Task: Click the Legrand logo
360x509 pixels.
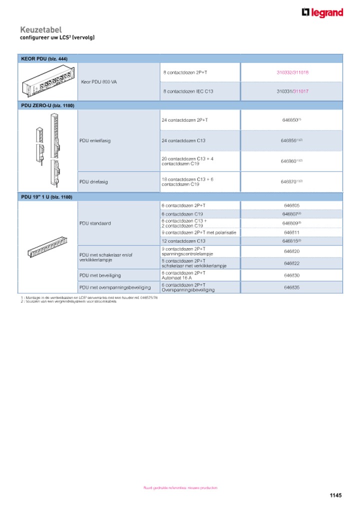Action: (322, 13)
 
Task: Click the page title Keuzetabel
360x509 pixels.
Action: (41, 30)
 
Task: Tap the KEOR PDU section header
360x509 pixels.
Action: (44, 58)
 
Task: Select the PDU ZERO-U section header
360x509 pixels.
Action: (48, 105)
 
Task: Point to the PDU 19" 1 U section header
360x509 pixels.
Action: (46, 197)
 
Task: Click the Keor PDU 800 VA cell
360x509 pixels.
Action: (99, 81)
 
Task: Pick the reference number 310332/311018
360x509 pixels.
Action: (292, 72)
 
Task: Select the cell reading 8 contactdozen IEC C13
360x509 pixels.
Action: (188, 91)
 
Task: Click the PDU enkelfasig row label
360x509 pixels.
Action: (95, 140)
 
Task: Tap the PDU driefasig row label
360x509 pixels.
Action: (93, 182)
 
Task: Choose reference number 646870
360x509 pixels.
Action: (291, 182)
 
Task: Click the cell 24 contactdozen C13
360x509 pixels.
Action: (183, 140)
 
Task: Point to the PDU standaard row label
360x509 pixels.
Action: (95, 223)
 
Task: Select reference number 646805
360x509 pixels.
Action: (291, 205)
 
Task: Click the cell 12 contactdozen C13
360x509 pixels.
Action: (183, 241)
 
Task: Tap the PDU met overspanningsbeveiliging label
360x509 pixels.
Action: (115, 287)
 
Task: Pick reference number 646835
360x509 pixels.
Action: (291, 287)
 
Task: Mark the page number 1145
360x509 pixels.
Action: (335, 495)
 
